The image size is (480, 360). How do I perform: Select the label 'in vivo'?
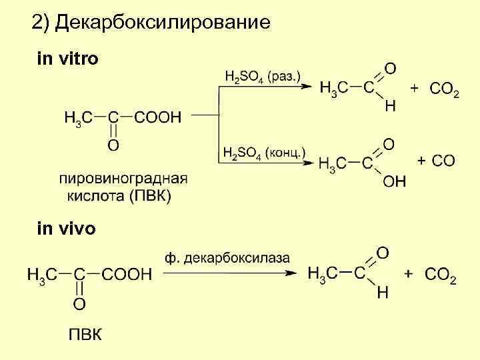[x=66, y=229]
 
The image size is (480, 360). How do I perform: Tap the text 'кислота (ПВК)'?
[x=119, y=197]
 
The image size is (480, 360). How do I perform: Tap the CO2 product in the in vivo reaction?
[x=441, y=275]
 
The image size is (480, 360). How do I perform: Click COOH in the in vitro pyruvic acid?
[x=157, y=118]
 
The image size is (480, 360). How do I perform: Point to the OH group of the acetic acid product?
[x=395, y=181]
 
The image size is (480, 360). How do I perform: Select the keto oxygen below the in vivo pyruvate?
[x=79, y=305]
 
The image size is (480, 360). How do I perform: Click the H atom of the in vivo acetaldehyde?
[x=383, y=293]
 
